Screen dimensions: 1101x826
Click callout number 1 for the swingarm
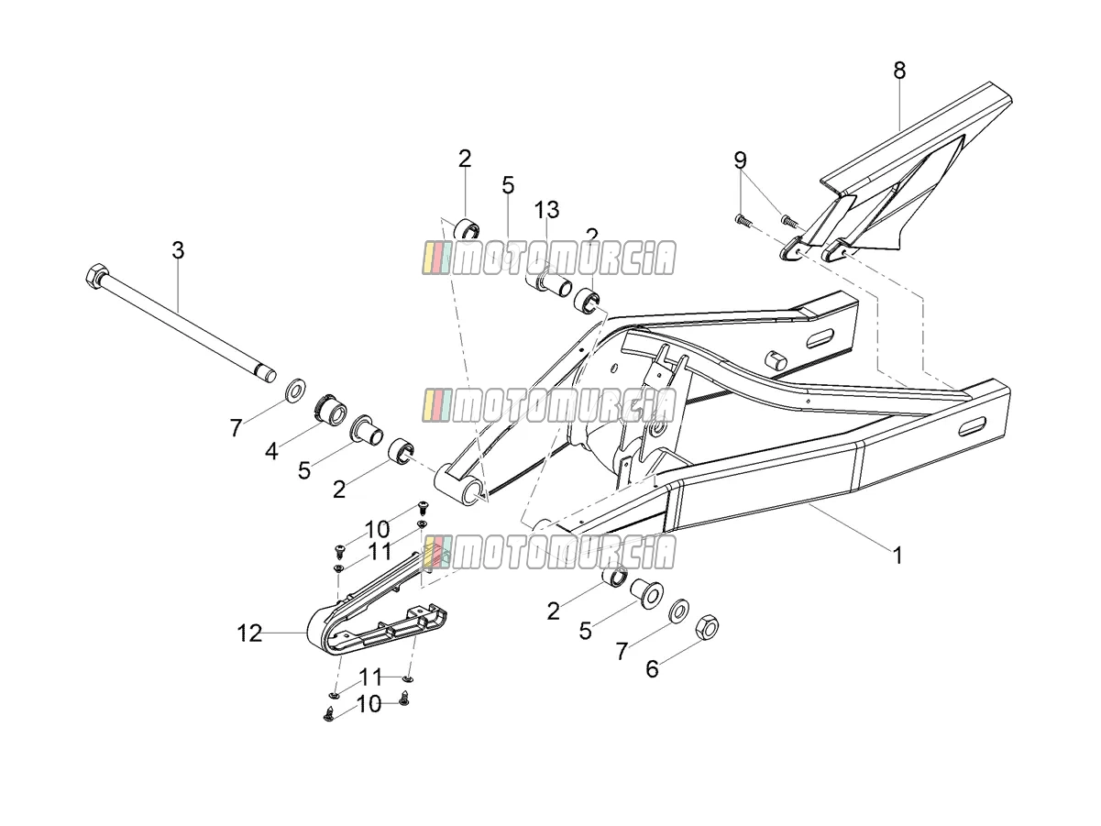(897, 556)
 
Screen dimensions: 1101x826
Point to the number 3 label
(178, 250)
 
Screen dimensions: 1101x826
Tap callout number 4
(271, 452)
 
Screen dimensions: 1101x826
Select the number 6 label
(652, 669)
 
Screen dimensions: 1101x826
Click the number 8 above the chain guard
(900, 71)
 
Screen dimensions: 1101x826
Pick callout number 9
(741, 160)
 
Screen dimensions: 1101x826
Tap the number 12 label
(249, 633)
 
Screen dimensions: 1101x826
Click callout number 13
(546, 210)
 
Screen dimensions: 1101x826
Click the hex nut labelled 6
(707, 626)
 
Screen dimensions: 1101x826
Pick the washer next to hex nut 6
(679, 611)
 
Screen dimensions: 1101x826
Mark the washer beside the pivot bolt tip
(296, 390)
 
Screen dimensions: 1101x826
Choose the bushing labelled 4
(331, 408)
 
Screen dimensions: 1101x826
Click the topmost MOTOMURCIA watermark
(549, 258)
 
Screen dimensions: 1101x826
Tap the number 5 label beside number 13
(508, 185)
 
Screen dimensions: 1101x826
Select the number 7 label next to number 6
(622, 652)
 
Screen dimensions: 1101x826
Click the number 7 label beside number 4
(236, 429)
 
